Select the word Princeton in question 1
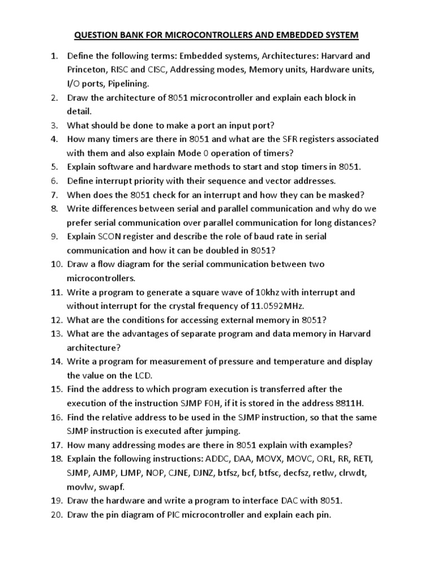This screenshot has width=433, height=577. [x=87, y=70]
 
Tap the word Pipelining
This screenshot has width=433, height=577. [x=131, y=84]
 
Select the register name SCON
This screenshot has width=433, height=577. [x=109, y=237]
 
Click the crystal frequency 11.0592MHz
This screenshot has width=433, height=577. [x=276, y=307]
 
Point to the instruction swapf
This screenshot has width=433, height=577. [x=110, y=486]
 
